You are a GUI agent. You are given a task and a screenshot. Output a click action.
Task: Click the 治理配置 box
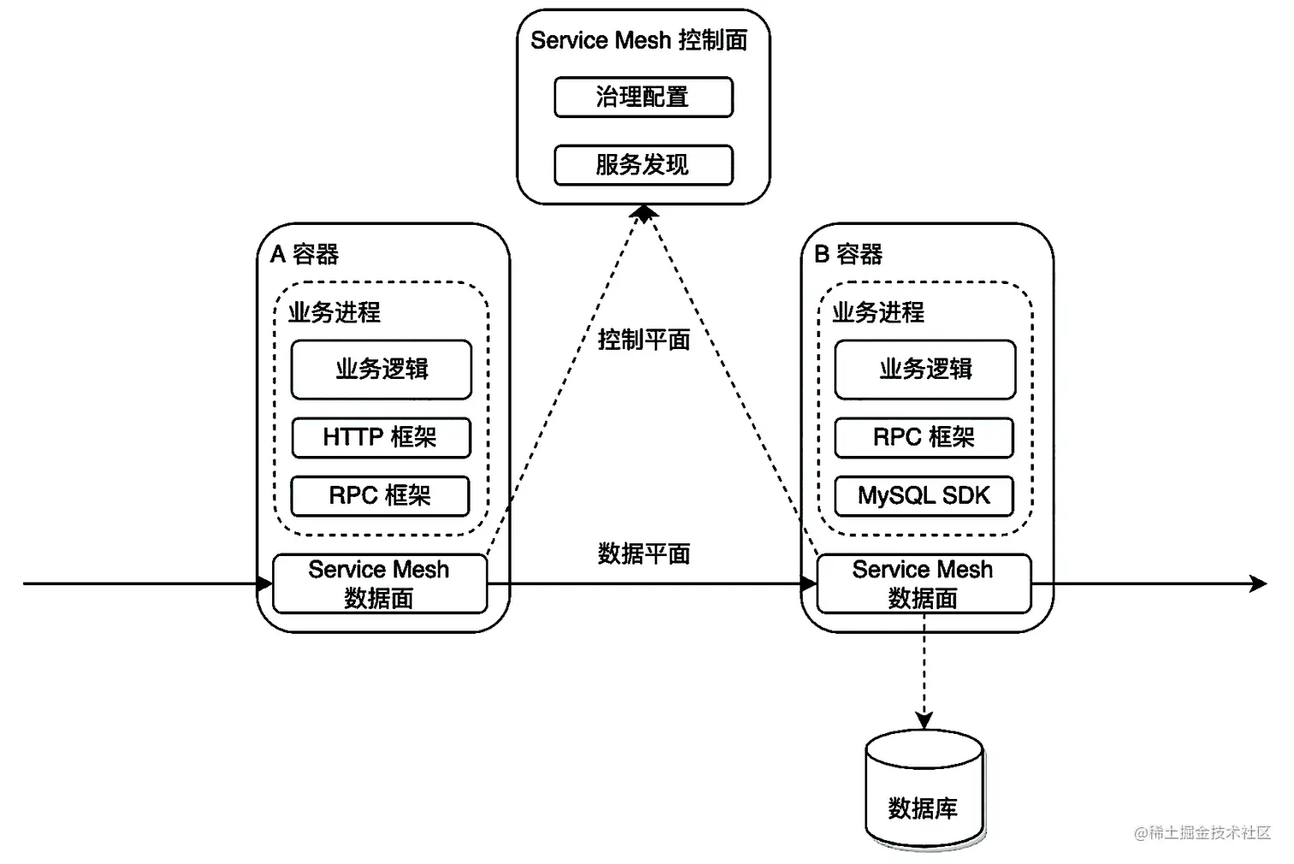point(644,97)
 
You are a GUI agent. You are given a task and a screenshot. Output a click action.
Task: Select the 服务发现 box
point(644,164)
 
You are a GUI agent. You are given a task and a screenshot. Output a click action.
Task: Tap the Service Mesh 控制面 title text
point(638,40)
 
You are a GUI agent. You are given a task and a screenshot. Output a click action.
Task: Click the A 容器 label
point(305,254)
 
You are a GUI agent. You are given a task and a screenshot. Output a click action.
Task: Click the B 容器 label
point(848,254)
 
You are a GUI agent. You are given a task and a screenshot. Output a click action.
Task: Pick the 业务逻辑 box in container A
point(382,370)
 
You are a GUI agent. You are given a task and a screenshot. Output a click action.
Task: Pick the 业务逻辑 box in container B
point(925,370)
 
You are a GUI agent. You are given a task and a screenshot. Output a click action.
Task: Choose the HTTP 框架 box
point(381,438)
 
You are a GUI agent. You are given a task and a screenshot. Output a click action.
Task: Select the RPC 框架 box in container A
point(380,496)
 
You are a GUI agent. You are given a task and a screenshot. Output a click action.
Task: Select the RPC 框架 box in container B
point(924,438)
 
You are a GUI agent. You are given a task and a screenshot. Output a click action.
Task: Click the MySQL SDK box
point(924,496)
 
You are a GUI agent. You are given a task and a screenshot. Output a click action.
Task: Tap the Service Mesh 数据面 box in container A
point(379,583)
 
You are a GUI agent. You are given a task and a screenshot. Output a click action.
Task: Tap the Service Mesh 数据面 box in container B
point(923,583)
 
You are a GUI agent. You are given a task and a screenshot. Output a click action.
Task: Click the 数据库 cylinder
point(923,791)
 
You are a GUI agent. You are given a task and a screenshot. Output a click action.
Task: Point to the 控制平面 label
point(644,340)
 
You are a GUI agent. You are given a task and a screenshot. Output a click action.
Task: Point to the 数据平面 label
point(644,553)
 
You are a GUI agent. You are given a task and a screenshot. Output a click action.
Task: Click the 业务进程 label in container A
point(335,312)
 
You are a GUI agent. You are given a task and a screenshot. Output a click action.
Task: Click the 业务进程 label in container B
point(878,312)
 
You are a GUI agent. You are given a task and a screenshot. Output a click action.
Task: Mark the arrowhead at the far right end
point(1259,584)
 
